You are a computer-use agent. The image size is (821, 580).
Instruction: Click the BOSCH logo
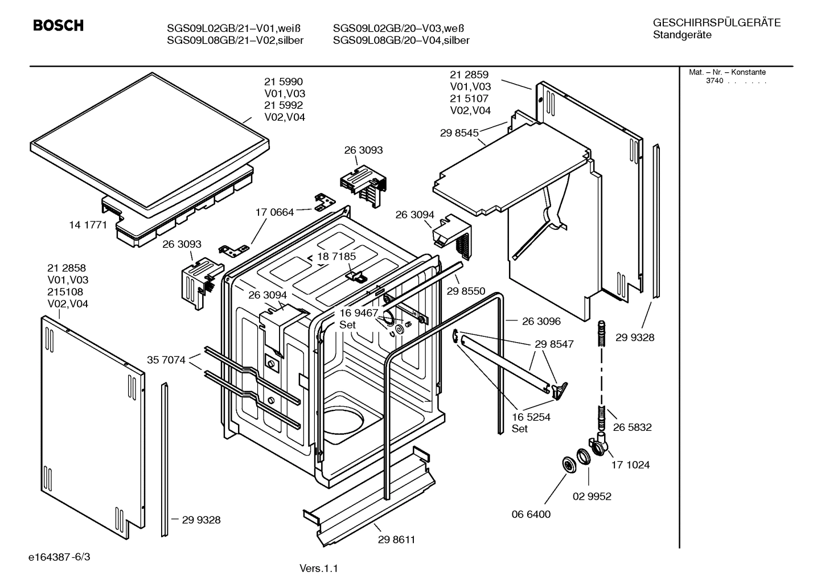coord(58,26)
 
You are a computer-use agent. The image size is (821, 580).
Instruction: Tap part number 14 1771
coord(88,225)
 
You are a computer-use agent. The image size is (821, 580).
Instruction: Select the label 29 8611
coord(396,540)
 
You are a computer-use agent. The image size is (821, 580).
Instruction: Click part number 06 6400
coord(531,514)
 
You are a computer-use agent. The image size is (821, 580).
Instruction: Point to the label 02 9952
coord(592,496)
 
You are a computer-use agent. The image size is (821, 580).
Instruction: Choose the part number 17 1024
coord(630,464)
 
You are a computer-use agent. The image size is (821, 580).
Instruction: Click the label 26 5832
coord(632,427)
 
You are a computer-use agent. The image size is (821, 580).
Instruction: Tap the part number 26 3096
coord(541,321)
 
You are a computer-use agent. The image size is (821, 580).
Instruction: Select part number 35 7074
coord(166,360)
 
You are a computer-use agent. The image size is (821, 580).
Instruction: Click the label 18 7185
coord(336,256)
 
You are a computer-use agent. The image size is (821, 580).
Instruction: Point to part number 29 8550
coord(466,291)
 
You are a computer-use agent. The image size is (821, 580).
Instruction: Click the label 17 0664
coord(274,212)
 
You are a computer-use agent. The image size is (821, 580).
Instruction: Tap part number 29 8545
coord(459,133)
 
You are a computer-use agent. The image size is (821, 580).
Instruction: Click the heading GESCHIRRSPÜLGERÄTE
coord(716,23)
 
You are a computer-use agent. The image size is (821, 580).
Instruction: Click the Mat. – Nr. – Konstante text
coord(727,72)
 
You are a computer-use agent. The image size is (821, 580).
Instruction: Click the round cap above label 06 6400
coord(568,464)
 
